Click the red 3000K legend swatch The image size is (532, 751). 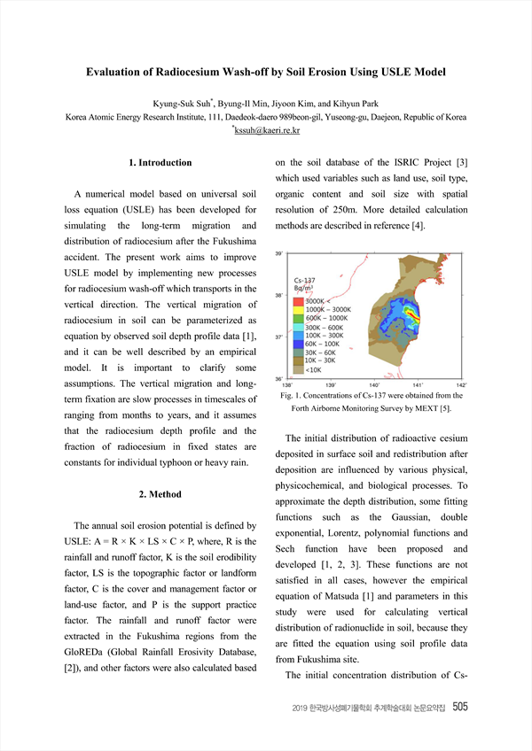[x=299, y=301]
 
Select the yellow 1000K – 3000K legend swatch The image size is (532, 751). [x=299, y=309]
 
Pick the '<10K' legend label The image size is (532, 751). [x=314, y=369]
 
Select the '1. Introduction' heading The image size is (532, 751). [x=160, y=163]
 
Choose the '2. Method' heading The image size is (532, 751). [x=160, y=494]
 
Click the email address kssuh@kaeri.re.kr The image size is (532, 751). [x=267, y=131]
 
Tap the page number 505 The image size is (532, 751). [x=461, y=707]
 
